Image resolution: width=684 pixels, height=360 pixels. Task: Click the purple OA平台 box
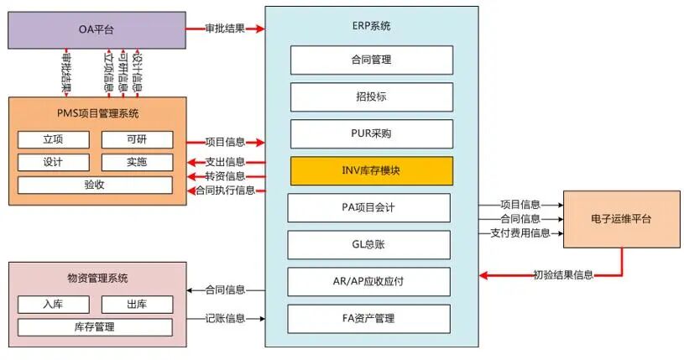click(97, 31)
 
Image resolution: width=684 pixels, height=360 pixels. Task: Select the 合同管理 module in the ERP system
click(372, 60)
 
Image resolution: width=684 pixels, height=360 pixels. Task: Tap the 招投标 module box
click(372, 97)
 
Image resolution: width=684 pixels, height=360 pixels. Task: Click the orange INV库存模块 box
click(372, 170)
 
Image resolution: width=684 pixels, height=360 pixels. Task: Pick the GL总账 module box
click(369, 244)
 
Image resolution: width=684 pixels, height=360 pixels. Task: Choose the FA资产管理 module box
click(369, 318)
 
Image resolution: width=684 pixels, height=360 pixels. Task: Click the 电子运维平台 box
click(621, 219)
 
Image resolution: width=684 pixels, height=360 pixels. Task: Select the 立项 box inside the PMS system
click(53, 139)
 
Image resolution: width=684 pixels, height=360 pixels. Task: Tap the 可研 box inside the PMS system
click(137, 139)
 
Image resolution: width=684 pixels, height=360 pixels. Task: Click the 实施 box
click(137, 162)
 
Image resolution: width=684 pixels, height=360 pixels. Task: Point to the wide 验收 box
click(95, 185)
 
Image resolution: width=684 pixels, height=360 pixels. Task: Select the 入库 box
click(53, 304)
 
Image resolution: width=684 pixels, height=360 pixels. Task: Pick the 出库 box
click(137, 304)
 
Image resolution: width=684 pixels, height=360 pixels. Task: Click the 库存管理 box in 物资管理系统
click(95, 326)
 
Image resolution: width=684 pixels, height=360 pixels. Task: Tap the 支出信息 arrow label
click(225, 161)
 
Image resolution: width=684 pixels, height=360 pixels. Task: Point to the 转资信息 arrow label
click(225, 176)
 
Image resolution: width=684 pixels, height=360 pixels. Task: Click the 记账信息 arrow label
click(225, 318)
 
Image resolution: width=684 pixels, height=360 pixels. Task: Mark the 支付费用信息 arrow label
click(520, 232)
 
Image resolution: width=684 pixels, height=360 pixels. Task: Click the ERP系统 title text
click(371, 26)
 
